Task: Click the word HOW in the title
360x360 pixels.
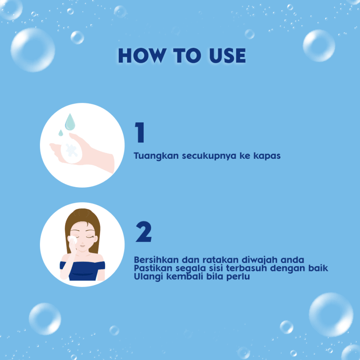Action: pos(142,56)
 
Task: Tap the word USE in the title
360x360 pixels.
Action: pos(228,56)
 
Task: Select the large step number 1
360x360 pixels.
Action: pos(140,132)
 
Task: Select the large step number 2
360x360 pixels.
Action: pos(144,232)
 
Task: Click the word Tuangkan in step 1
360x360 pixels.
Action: pos(156,156)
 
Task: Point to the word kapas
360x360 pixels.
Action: pos(267,156)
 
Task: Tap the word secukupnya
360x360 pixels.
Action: pos(209,156)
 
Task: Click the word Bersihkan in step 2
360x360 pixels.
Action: pos(156,260)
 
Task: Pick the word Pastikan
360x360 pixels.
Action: pos(153,268)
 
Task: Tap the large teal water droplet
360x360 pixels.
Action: pos(70,122)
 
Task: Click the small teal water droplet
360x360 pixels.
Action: pos(61,133)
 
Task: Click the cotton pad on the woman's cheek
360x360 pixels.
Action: pos(73,240)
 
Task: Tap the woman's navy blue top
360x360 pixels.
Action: pos(82,271)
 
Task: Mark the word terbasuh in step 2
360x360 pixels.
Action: pos(246,268)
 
